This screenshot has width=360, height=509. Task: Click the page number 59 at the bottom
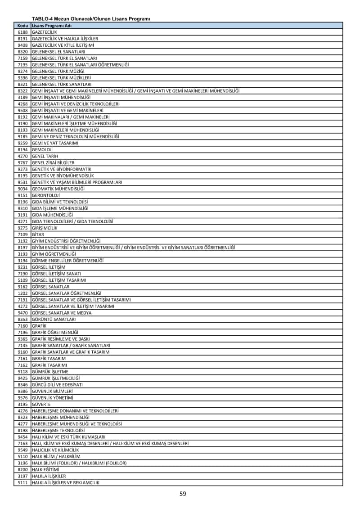(183, 494)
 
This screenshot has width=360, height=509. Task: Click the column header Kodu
(23, 26)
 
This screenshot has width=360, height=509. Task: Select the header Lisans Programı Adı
(52, 26)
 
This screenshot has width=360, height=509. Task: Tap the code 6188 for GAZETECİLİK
(23, 32)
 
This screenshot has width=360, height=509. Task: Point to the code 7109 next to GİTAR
(23, 234)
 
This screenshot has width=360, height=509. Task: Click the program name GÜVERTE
(41, 404)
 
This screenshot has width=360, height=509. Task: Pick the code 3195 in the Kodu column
(23, 404)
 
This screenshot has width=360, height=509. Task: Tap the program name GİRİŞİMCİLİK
(45, 228)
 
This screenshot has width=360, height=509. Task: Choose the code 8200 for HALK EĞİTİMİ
(23, 469)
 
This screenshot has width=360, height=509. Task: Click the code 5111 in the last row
(23, 482)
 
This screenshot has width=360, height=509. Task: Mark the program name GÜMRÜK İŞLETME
(50, 372)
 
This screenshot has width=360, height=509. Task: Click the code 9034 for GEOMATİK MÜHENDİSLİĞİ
(23, 189)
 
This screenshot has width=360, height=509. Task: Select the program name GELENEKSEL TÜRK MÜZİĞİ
(58, 71)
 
